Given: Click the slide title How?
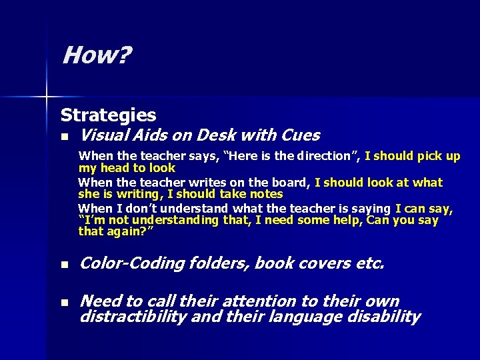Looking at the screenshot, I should click(96, 56).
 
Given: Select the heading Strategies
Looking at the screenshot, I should click(108, 115).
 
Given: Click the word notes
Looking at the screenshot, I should click(266, 194).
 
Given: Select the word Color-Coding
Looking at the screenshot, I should click(131, 263).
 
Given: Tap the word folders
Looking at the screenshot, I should click(218, 263).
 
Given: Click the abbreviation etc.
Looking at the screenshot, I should click(370, 263).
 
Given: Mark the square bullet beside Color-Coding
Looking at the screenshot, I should click(64, 265).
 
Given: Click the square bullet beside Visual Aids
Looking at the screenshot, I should click(64, 137).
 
